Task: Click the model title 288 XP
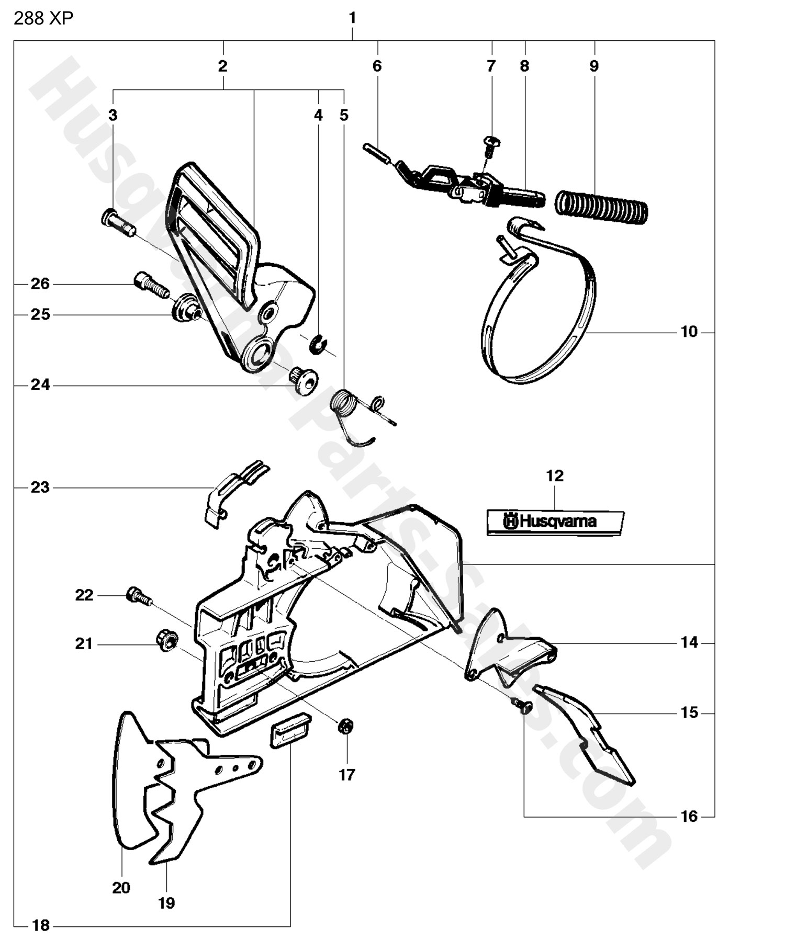(43, 18)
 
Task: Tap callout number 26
(40, 284)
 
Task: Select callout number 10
(689, 332)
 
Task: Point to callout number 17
(347, 775)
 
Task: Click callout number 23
(40, 488)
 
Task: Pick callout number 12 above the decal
(555, 475)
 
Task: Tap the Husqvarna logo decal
(555, 522)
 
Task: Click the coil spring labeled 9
(602, 205)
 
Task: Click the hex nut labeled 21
(166, 641)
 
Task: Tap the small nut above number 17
(346, 726)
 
